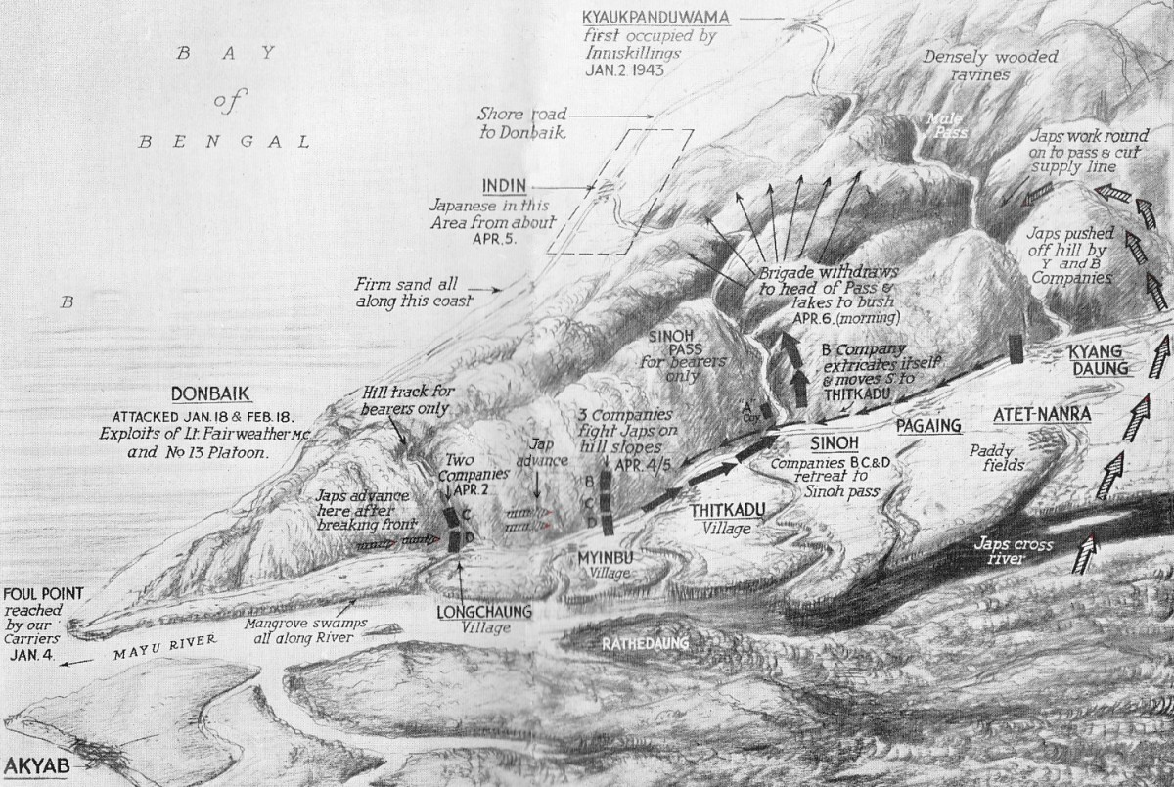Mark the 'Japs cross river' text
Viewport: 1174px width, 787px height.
[1008, 550]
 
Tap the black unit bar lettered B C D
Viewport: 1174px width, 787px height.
[608, 502]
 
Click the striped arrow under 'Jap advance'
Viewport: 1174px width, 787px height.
[529, 512]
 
